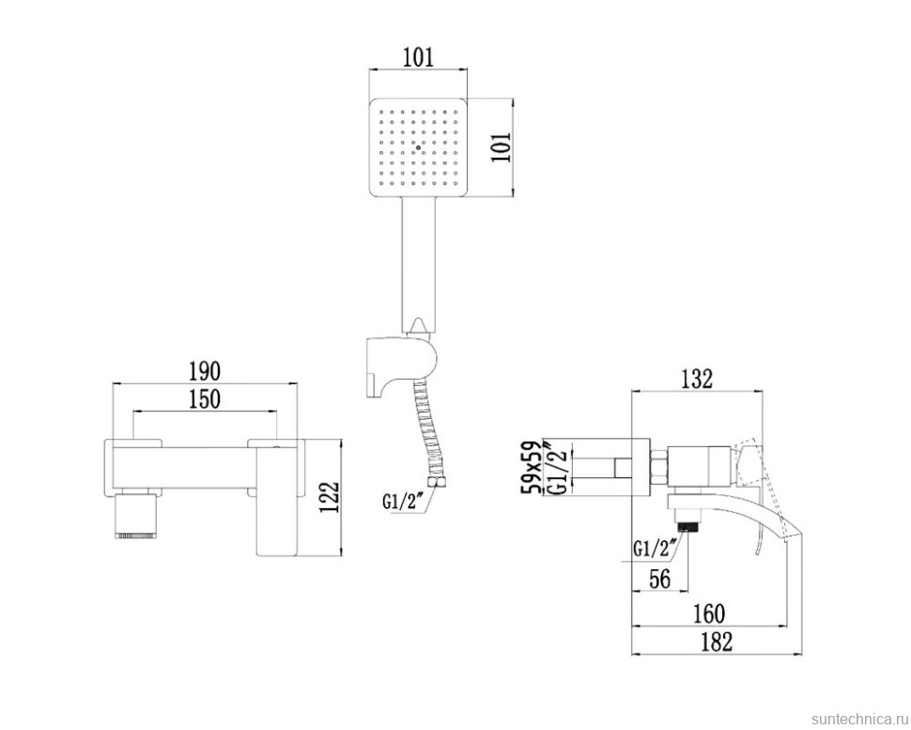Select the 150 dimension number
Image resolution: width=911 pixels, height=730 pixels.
coord(203,398)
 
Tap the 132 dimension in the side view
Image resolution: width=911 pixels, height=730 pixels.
coord(696,379)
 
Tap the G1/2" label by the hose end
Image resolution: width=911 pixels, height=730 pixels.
coord(402,501)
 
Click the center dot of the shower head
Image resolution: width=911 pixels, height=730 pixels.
coord(418,148)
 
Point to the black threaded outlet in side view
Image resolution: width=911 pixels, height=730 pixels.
coord(692,519)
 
